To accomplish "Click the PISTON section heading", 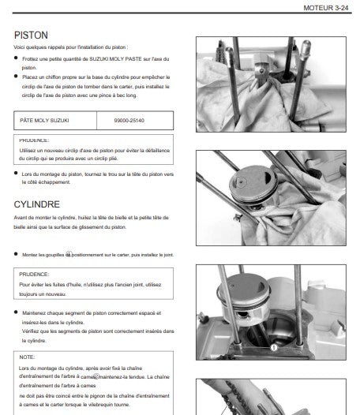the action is (x=31, y=36).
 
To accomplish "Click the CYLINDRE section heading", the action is (x=37, y=204).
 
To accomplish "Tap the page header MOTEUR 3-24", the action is (x=325, y=8).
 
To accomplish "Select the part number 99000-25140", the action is (x=129, y=121).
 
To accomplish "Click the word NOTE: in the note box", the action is (x=27, y=357).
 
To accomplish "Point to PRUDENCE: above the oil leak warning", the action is (x=34, y=275).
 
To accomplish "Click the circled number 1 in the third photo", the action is (x=274, y=347).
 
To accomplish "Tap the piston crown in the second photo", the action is (x=253, y=181).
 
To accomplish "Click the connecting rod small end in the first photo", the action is (x=261, y=70).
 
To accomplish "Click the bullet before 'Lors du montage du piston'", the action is (x=16, y=173).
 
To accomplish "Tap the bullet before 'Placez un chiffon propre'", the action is (x=16, y=77).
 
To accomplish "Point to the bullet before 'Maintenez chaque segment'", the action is (x=16, y=312).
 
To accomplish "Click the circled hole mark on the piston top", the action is (x=241, y=182).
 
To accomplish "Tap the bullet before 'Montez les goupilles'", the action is (x=16, y=254).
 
